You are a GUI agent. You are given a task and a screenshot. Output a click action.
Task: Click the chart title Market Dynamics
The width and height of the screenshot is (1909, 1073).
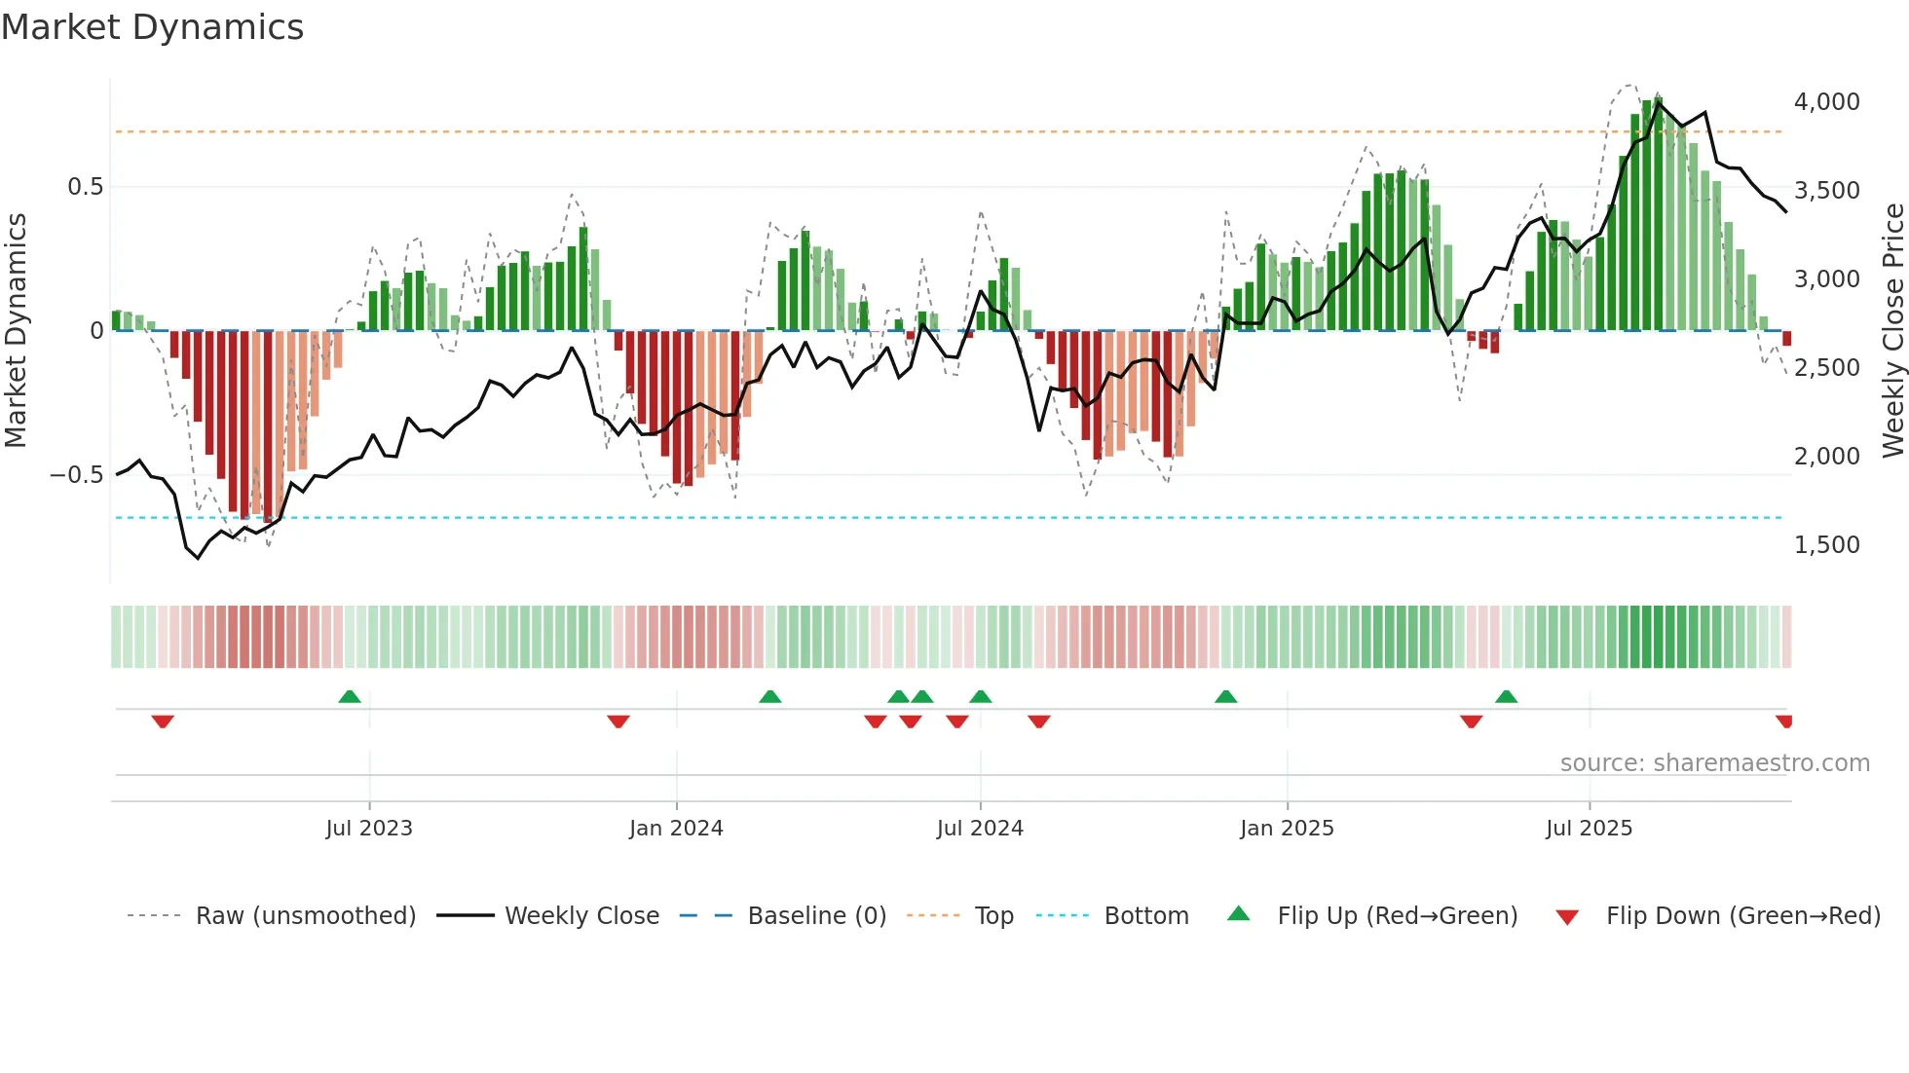tap(152, 27)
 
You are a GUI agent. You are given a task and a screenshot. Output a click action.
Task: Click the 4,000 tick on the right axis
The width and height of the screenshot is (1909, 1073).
tap(1826, 102)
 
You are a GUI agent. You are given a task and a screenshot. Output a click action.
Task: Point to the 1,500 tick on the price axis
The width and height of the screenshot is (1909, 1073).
tap(1826, 545)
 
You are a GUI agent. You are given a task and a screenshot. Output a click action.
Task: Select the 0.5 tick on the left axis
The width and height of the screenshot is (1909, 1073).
tap(85, 187)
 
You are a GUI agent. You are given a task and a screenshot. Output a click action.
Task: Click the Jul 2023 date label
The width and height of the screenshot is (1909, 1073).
tap(369, 829)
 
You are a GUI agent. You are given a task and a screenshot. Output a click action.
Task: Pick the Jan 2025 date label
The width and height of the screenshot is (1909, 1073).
tap(1287, 829)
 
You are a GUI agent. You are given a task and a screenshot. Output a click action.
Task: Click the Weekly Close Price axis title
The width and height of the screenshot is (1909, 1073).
tap(1892, 331)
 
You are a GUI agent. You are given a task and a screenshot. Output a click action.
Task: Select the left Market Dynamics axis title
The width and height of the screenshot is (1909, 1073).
tap(16, 331)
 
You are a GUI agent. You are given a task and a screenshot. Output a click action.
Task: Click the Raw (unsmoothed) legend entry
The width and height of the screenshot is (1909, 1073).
tap(305, 916)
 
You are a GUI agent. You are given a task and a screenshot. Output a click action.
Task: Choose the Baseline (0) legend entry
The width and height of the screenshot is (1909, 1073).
tap(816, 916)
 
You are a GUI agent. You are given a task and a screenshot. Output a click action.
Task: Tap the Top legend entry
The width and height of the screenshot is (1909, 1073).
tap(993, 916)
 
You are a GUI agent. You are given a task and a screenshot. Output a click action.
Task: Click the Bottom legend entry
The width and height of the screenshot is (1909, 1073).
tap(1146, 916)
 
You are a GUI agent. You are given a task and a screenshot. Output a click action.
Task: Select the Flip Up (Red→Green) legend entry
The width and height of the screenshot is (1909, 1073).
tap(1397, 916)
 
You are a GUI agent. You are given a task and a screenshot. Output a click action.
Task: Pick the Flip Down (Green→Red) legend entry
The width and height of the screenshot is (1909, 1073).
tap(1742, 916)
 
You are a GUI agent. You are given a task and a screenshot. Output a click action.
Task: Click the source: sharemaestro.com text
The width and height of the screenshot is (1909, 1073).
tap(1714, 763)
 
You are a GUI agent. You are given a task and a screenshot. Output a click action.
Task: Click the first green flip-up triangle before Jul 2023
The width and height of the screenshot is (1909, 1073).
tap(350, 696)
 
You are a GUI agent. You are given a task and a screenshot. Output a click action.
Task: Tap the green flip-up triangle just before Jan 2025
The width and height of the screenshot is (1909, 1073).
tap(1226, 696)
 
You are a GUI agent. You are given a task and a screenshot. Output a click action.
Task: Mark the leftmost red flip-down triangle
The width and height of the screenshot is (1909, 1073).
tap(163, 721)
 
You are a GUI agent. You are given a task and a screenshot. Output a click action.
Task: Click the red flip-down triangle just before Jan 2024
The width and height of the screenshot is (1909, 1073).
tap(618, 721)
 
